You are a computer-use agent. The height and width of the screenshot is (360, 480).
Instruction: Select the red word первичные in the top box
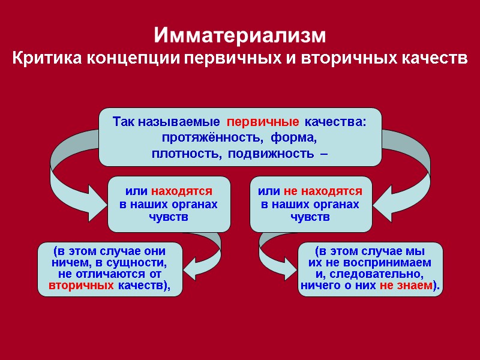[263, 122]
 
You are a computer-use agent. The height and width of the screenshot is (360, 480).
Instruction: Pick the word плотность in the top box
[180, 154]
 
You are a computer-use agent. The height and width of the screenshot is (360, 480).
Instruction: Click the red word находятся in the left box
[182, 191]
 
